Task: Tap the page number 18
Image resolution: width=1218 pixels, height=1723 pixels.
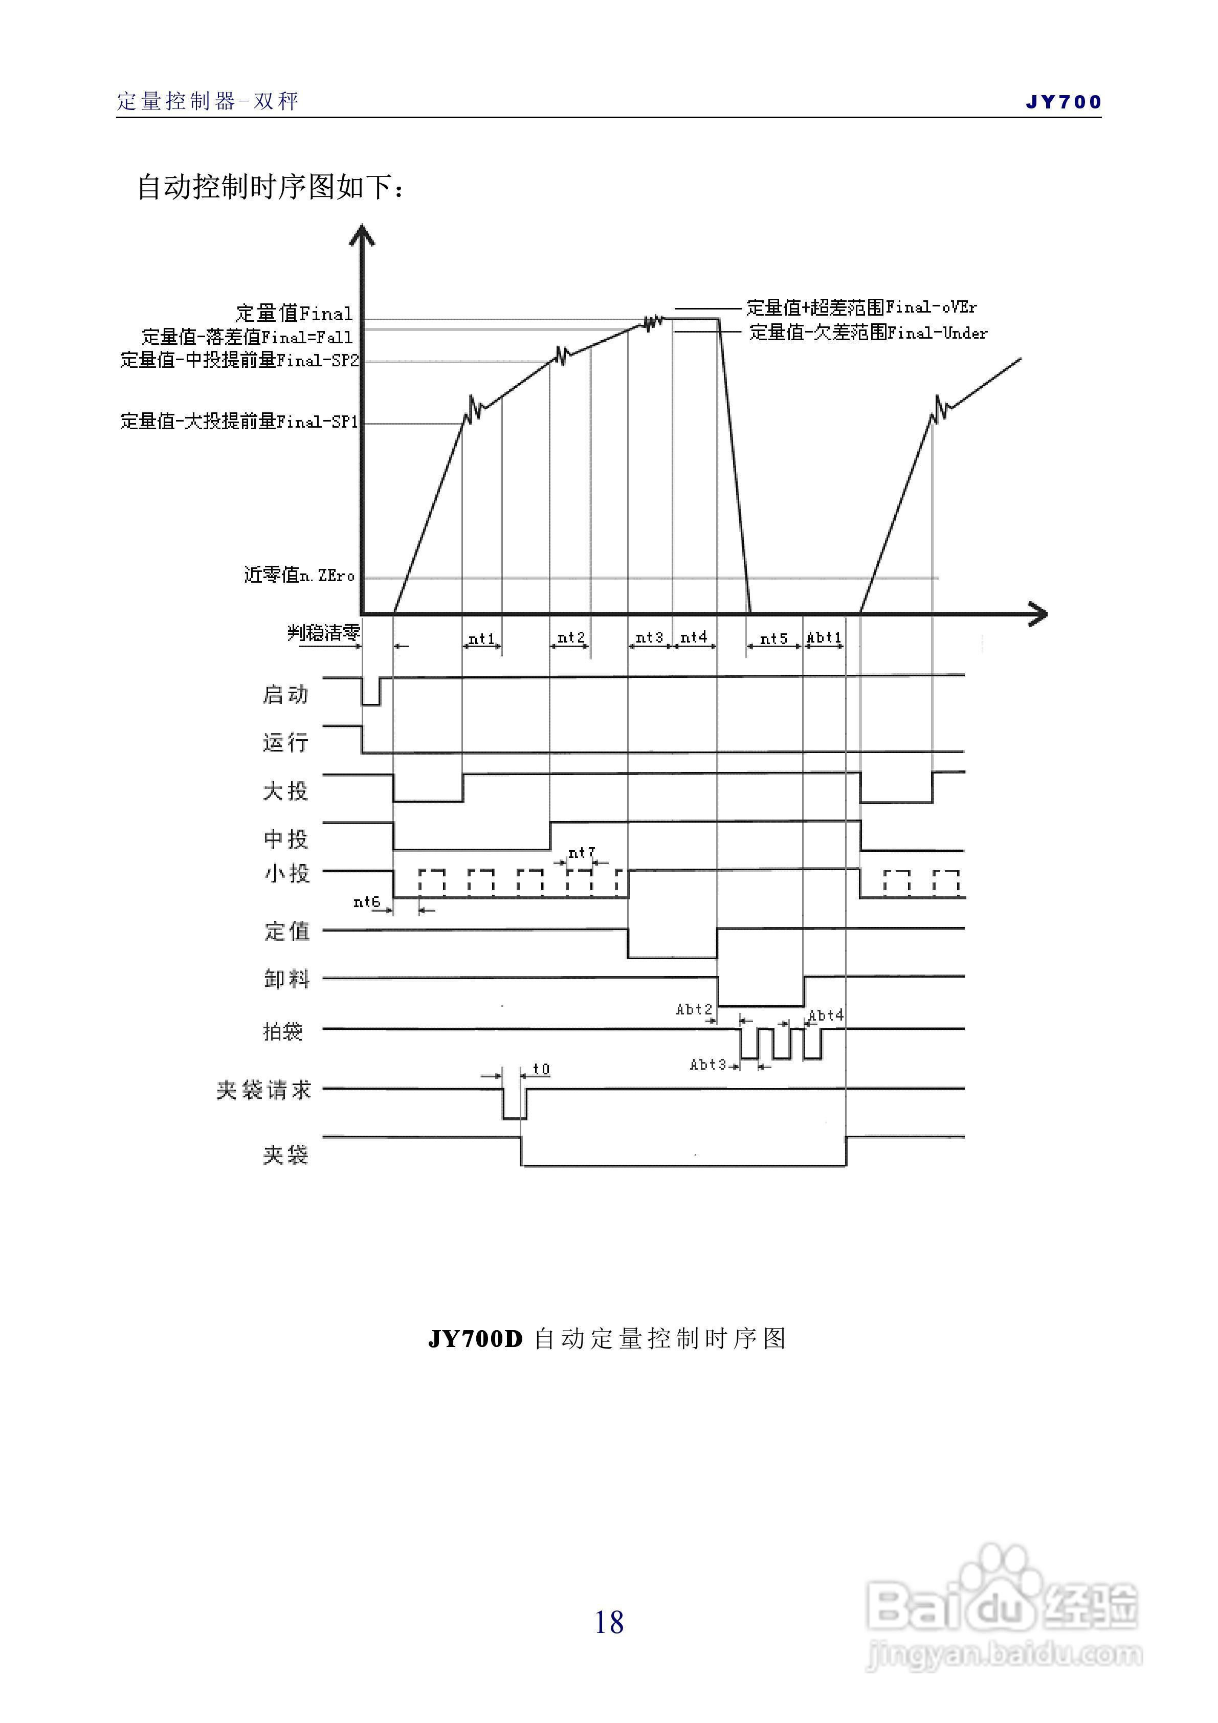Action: click(609, 1622)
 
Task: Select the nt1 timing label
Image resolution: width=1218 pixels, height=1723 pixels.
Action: click(482, 638)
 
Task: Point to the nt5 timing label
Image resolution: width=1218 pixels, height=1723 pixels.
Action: click(774, 638)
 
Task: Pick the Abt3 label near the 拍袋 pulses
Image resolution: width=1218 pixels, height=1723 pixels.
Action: click(707, 1064)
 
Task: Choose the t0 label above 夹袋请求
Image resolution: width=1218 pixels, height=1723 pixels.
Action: click(541, 1069)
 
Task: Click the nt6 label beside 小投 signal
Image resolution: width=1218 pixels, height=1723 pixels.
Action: click(367, 901)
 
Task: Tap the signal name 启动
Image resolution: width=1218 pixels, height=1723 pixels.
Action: click(285, 694)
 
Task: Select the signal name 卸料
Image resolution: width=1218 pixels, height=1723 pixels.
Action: click(286, 979)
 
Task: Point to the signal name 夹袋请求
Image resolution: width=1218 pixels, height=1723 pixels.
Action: click(263, 1090)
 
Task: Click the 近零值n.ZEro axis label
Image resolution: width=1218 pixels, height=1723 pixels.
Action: click(299, 575)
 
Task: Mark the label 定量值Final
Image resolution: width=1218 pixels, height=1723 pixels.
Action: click(294, 313)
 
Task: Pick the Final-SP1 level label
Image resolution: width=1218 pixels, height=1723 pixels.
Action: click(239, 421)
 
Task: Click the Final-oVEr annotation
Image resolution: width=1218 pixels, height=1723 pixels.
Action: click(861, 307)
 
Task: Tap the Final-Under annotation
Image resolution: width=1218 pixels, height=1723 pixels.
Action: click(868, 333)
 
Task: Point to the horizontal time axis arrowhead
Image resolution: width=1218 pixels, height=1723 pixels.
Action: click(1038, 614)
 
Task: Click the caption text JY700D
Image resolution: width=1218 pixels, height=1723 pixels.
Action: click(475, 1338)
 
